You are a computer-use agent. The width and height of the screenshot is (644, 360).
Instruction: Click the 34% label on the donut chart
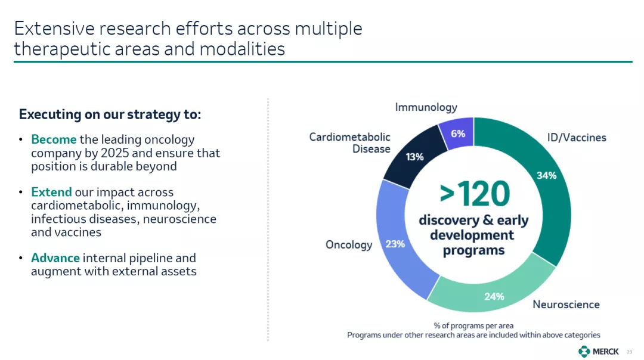coord(546,176)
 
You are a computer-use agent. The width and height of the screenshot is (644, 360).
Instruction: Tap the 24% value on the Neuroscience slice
coord(494,296)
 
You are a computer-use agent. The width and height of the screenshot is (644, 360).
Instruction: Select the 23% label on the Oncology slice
coord(395,244)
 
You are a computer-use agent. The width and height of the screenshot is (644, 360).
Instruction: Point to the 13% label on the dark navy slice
coord(414,157)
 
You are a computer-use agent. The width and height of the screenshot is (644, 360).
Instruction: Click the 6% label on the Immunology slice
coord(458,134)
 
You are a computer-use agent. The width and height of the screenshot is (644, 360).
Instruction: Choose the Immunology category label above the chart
coord(426,107)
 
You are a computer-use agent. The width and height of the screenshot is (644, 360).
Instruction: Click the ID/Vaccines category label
coord(577,138)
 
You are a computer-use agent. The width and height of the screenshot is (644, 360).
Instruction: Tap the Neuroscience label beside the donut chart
coord(566,305)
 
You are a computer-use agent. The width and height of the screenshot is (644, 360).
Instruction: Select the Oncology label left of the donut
coord(349,245)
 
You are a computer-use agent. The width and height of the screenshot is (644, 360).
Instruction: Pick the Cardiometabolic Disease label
coord(349,143)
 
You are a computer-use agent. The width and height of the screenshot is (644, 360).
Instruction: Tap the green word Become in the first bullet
coord(54,139)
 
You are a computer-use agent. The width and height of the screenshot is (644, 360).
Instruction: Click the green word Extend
coord(51,192)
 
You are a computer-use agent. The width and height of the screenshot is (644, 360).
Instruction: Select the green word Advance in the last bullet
coord(55,258)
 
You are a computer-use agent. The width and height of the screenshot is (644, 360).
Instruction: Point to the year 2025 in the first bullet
coord(114,153)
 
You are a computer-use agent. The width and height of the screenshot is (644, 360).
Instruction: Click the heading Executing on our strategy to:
coord(110,114)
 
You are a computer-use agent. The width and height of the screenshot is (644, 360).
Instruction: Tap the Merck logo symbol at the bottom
coord(584,352)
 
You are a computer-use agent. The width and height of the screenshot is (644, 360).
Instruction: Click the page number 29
coord(629,352)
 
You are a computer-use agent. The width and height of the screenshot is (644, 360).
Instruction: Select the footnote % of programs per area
coord(473,325)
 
